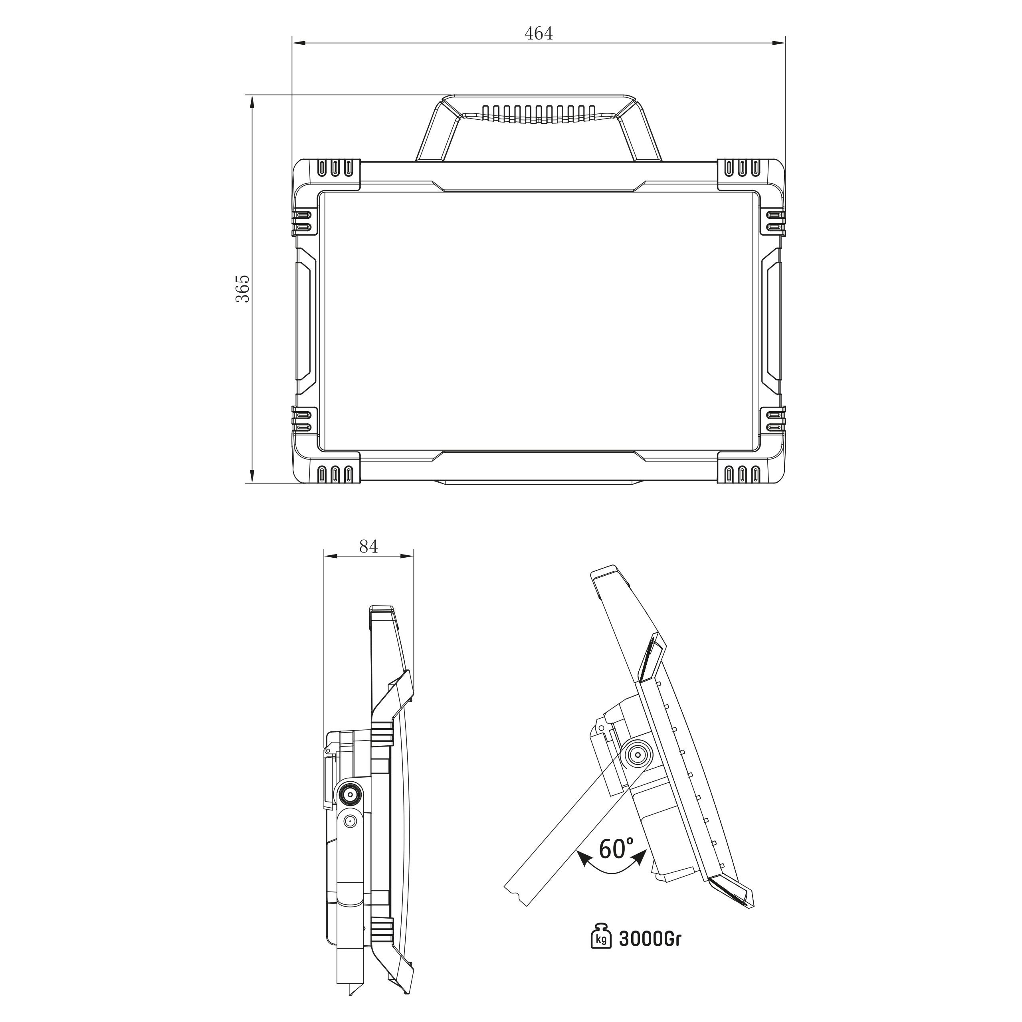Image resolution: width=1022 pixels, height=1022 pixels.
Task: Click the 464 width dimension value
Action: click(x=539, y=33)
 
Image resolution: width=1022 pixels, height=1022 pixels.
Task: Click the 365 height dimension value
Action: click(x=242, y=289)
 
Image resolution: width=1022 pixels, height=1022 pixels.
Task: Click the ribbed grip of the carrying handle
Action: click(x=539, y=114)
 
